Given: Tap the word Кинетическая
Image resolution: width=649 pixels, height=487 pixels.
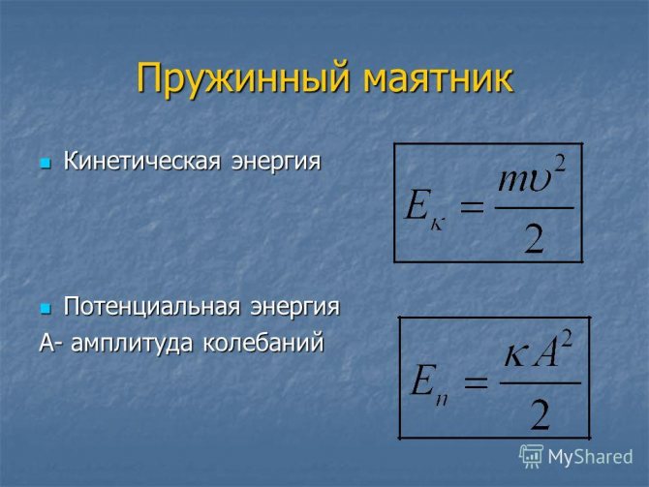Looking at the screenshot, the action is pyautogui.click(x=142, y=160).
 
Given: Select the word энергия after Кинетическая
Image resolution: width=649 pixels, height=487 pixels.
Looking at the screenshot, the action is pyautogui.click(x=276, y=162).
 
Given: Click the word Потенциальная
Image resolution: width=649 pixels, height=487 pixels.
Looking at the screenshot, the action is pyautogui.click(x=152, y=306).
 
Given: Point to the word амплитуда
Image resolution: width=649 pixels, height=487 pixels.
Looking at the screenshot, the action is pyautogui.click(x=132, y=344).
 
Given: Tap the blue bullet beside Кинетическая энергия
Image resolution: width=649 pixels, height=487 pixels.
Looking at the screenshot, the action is pyautogui.click(x=46, y=163).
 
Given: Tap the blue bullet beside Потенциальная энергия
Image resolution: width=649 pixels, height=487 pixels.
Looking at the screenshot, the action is pyautogui.click(x=46, y=309).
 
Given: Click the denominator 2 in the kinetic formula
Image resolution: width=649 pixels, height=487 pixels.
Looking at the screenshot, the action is pyautogui.click(x=534, y=239).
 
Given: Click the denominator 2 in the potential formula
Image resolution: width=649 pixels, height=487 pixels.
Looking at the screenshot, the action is pyautogui.click(x=541, y=414).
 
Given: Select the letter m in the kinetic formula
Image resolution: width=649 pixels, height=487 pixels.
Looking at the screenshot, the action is pyautogui.click(x=511, y=180).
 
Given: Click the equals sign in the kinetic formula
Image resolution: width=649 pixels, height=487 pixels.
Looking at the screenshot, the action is pyautogui.click(x=473, y=207).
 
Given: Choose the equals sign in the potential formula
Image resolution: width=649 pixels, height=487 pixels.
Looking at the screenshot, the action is pyautogui.click(x=476, y=382).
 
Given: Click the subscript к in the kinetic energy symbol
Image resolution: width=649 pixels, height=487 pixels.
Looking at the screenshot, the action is pyautogui.click(x=437, y=224).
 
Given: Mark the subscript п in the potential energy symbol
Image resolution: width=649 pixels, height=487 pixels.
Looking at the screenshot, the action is pyautogui.click(x=442, y=400).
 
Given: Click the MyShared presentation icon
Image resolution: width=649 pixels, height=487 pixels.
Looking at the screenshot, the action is pyautogui.click(x=531, y=456).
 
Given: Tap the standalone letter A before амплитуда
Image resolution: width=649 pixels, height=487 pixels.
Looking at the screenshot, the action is pyautogui.click(x=46, y=343).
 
